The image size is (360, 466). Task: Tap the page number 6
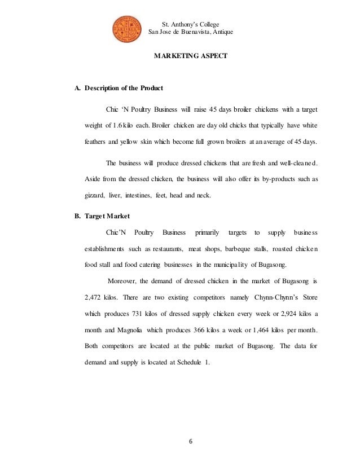click(x=190, y=442)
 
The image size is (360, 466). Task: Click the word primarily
click(x=207, y=232)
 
